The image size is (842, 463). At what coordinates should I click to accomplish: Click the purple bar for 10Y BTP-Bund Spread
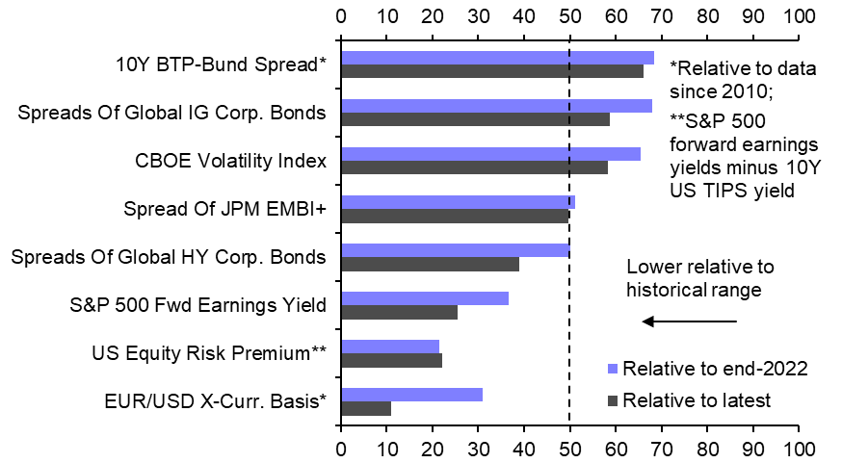coord(497,58)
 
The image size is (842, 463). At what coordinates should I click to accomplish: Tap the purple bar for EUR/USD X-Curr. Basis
coord(411,395)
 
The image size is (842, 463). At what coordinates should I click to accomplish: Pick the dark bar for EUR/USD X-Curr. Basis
coord(366,408)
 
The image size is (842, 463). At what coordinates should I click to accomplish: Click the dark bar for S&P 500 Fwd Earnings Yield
coord(399,312)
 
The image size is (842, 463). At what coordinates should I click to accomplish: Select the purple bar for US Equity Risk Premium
coord(390,347)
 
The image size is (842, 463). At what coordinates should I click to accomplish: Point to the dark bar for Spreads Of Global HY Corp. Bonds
coord(430,264)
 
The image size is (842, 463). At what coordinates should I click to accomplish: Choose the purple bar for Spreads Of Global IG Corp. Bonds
coord(496,106)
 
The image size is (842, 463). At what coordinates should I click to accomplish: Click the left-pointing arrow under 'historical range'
coord(689,321)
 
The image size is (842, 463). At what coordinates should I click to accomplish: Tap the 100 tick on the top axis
coord(798,16)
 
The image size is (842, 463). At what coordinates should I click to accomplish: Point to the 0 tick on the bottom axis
coord(341,449)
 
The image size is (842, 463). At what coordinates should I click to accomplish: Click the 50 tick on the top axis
coord(569,16)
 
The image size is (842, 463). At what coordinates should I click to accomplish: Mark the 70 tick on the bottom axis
coord(661,449)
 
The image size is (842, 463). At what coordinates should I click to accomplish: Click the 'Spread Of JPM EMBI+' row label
coord(225,209)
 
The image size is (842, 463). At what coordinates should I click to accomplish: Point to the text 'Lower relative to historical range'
coord(700,278)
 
